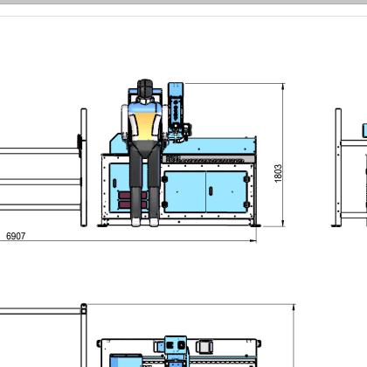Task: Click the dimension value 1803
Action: pos(278,174)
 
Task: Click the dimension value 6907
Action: pos(16,236)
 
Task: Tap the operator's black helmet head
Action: pos(145,88)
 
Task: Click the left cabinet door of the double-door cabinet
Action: pos(185,191)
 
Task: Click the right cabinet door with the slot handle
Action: pos(226,191)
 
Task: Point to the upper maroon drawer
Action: pos(132,196)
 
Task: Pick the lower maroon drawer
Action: pos(132,204)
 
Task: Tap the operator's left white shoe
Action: pos(135,222)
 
